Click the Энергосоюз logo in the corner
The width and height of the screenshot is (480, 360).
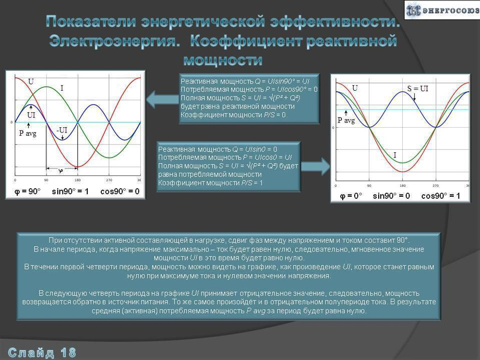coord(442,10)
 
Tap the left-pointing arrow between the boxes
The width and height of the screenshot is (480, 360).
coord(161,100)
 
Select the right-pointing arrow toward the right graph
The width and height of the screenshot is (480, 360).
coord(316,167)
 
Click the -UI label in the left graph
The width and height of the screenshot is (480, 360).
coord(62,130)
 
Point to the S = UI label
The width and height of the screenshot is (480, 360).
coord(418,88)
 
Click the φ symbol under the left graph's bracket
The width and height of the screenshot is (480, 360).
coord(61,171)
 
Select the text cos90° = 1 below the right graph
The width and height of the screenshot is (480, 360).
coord(440,196)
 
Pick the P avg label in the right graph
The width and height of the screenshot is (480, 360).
coord(346,120)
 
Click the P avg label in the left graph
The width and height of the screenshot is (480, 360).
coord(27,133)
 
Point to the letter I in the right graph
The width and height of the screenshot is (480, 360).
coord(395,155)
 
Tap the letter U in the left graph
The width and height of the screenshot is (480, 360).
coord(31,82)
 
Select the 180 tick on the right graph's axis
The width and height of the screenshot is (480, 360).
coord(402,185)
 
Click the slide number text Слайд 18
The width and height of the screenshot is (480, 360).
coord(42,353)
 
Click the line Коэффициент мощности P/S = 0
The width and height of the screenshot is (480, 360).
coord(233,115)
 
